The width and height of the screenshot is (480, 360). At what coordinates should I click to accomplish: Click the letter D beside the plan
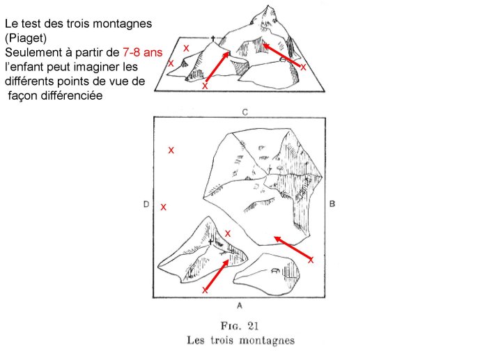[146, 204]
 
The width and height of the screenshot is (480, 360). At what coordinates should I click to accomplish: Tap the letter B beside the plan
[333, 204]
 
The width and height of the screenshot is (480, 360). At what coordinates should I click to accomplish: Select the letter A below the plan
[239, 305]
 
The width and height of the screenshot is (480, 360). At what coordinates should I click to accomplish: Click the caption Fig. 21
[240, 325]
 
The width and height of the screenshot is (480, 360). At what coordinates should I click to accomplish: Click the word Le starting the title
[11, 23]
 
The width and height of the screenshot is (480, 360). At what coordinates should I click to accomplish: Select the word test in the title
[31, 23]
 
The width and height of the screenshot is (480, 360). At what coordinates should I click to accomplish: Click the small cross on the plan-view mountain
[220, 241]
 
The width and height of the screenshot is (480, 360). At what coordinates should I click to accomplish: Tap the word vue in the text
[116, 81]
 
